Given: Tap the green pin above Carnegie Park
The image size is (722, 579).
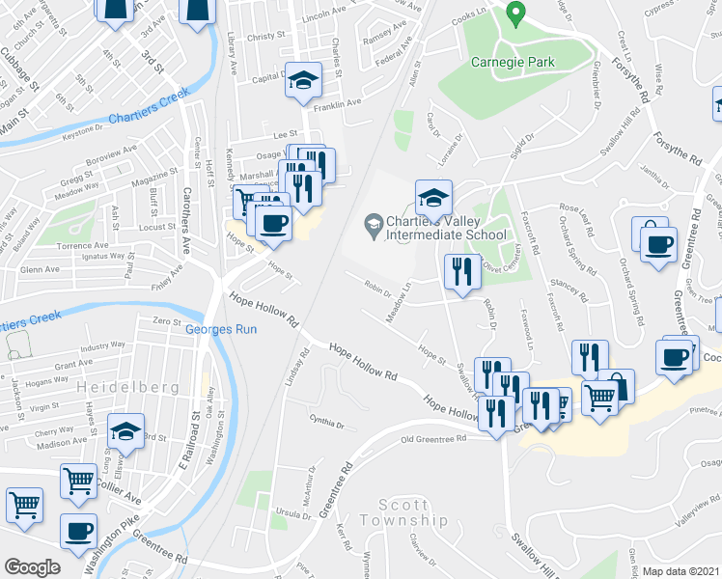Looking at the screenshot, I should coord(516,14).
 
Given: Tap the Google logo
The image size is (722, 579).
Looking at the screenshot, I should coord(33,566).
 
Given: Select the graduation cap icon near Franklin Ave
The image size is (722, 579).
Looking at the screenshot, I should coord(303,82).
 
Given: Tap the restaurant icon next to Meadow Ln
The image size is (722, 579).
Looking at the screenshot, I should coord(461,271).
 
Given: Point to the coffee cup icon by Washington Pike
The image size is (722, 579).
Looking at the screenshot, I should coord(78,530).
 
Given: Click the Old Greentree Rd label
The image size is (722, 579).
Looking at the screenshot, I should coord(434,438).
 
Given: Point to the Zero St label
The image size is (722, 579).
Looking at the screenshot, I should coord(167,321).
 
